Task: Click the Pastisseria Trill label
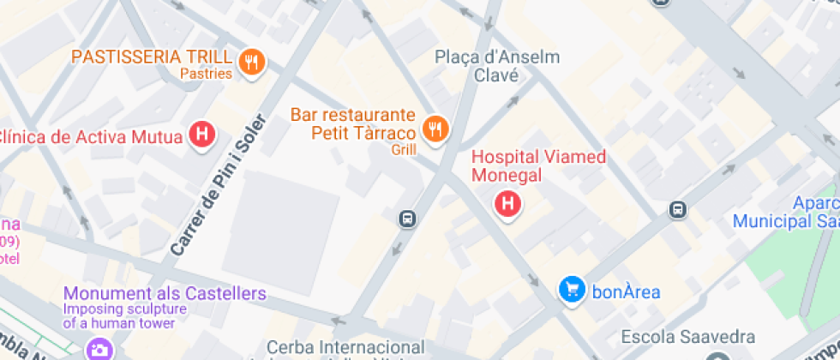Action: (x=152, y=57)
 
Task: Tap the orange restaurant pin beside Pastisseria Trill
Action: (x=252, y=61)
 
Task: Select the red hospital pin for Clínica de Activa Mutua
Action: (x=201, y=135)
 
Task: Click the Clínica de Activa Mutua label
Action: (x=92, y=136)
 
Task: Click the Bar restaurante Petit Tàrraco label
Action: (x=352, y=123)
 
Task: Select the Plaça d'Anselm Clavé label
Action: (x=497, y=66)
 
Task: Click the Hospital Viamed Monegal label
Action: (x=539, y=166)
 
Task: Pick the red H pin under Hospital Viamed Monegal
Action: (x=508, y=204)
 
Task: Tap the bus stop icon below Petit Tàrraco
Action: (x=408, y=219)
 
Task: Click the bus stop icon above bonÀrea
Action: (x=678, y=209)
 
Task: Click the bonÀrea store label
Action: (x=626, y=291)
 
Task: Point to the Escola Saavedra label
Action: (x=688, y=337)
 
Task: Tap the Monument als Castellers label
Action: (x=165, y=294)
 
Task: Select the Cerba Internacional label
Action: (x=345, y=347)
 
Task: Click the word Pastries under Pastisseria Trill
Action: (x=206, y=74)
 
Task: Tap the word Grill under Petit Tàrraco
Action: (x=403, y=149)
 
